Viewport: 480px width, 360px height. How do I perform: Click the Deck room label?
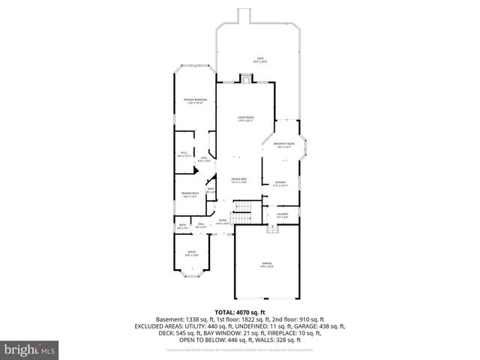click(261, 58)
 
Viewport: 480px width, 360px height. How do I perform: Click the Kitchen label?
click(280, 183)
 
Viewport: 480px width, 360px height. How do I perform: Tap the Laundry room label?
click(282, 215)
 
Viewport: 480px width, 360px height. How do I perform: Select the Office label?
click(191, 253)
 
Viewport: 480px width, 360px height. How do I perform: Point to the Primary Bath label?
click(190, 195)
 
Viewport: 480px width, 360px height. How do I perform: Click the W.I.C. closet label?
click(183, 154)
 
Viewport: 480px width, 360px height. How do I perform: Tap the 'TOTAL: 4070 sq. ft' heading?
click(240, 312)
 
